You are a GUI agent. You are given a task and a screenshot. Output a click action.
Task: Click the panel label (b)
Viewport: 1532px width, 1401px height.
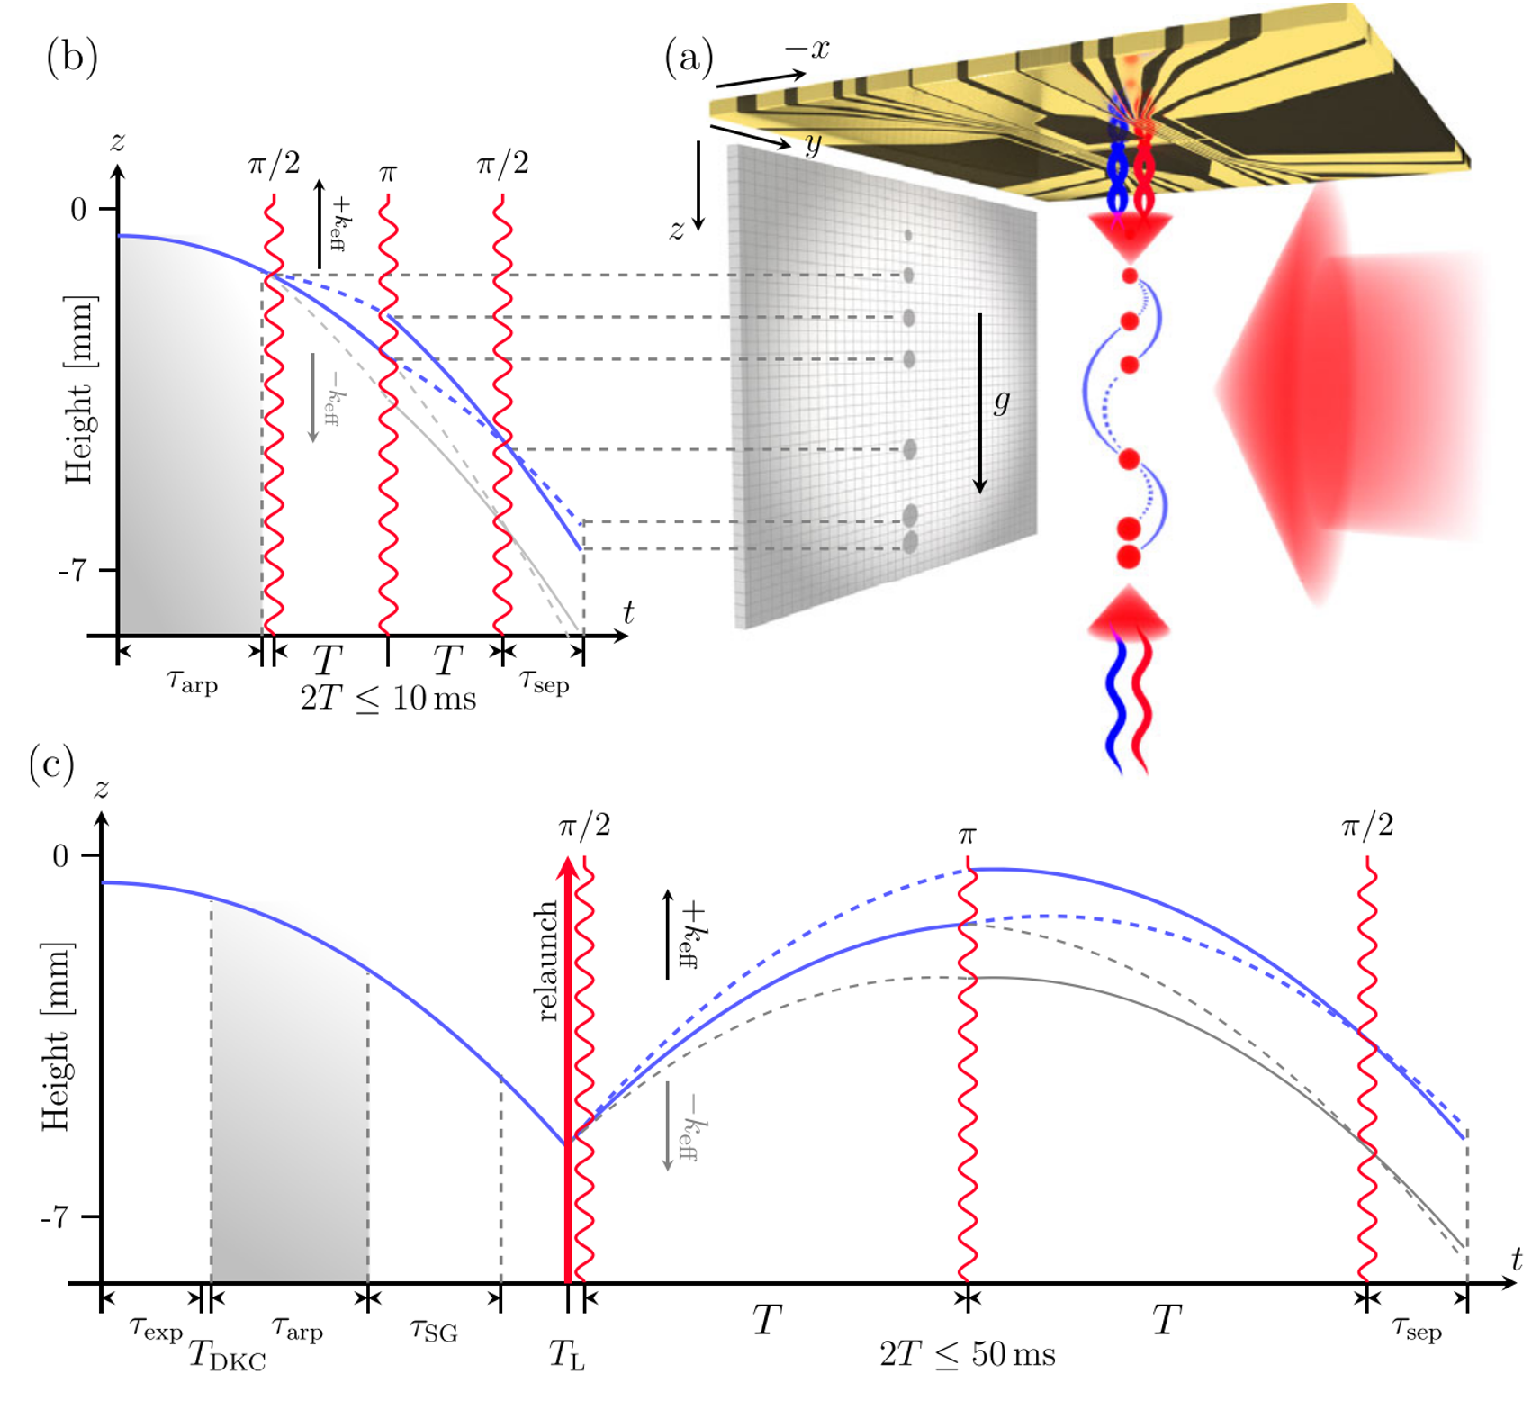click(72, 58)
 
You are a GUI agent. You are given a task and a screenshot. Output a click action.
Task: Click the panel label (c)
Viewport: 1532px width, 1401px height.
click(52, 764)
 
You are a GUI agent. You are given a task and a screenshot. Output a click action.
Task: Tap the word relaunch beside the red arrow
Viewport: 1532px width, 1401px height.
click(545, 962)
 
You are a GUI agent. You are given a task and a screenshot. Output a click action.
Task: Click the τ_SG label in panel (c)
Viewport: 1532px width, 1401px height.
click(433, 1330)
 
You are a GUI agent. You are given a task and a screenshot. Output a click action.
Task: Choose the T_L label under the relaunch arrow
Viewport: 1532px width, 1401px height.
click(567, 1354)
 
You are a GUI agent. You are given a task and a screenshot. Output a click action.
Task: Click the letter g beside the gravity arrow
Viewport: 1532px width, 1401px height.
click(1002, 401)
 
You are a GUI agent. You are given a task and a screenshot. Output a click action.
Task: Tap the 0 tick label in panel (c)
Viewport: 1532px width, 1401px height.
click(60, 855)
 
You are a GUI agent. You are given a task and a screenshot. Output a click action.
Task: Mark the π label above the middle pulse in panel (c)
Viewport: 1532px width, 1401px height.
click(967, 836)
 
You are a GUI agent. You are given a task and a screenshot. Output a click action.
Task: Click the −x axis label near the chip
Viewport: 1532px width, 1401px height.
click(807, 49)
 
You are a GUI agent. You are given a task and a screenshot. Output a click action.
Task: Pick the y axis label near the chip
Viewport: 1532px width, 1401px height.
click(812, 144)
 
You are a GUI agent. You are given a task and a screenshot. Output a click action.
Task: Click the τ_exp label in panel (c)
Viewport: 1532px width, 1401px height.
click(156, 1328)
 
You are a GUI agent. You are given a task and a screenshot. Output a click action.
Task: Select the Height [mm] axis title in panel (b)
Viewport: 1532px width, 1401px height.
click(79, 389)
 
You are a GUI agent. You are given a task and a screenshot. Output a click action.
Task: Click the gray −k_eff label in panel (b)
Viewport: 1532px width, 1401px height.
click(329, 397)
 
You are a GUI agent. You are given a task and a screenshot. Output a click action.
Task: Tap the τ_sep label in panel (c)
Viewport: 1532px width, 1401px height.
click(1416, 1328)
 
